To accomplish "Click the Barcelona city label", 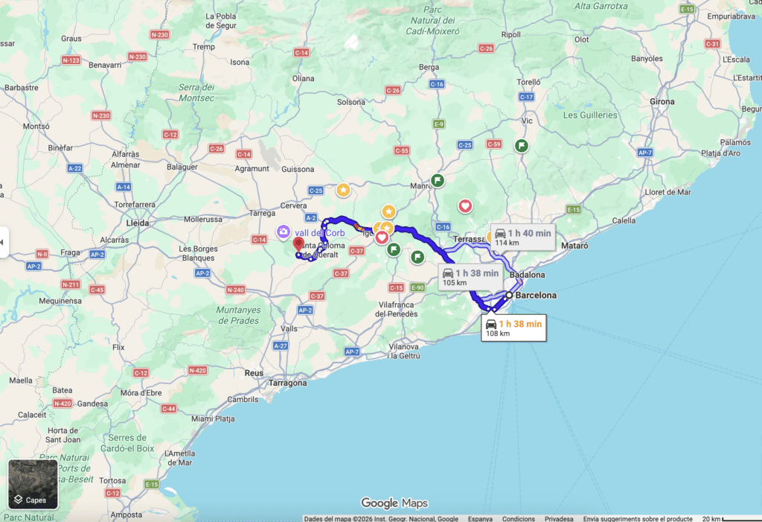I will tap(535, 296).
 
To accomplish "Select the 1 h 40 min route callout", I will tap(522, 237).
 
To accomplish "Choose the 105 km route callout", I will tap(470, 277).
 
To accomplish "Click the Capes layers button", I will tap(33, 484).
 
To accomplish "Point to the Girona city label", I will tap(662, 102).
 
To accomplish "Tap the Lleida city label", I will tap(138, 223).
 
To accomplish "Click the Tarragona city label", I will tap(286, 383).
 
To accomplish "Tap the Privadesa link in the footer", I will tap(559, 518).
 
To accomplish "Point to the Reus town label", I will tap(254, 372).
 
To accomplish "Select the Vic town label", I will tap(528, 121).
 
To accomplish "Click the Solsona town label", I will tap(352, 101).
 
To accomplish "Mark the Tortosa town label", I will tap(112, 480).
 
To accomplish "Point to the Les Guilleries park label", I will tap(590, 115).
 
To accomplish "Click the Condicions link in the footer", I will tap(518, 518).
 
